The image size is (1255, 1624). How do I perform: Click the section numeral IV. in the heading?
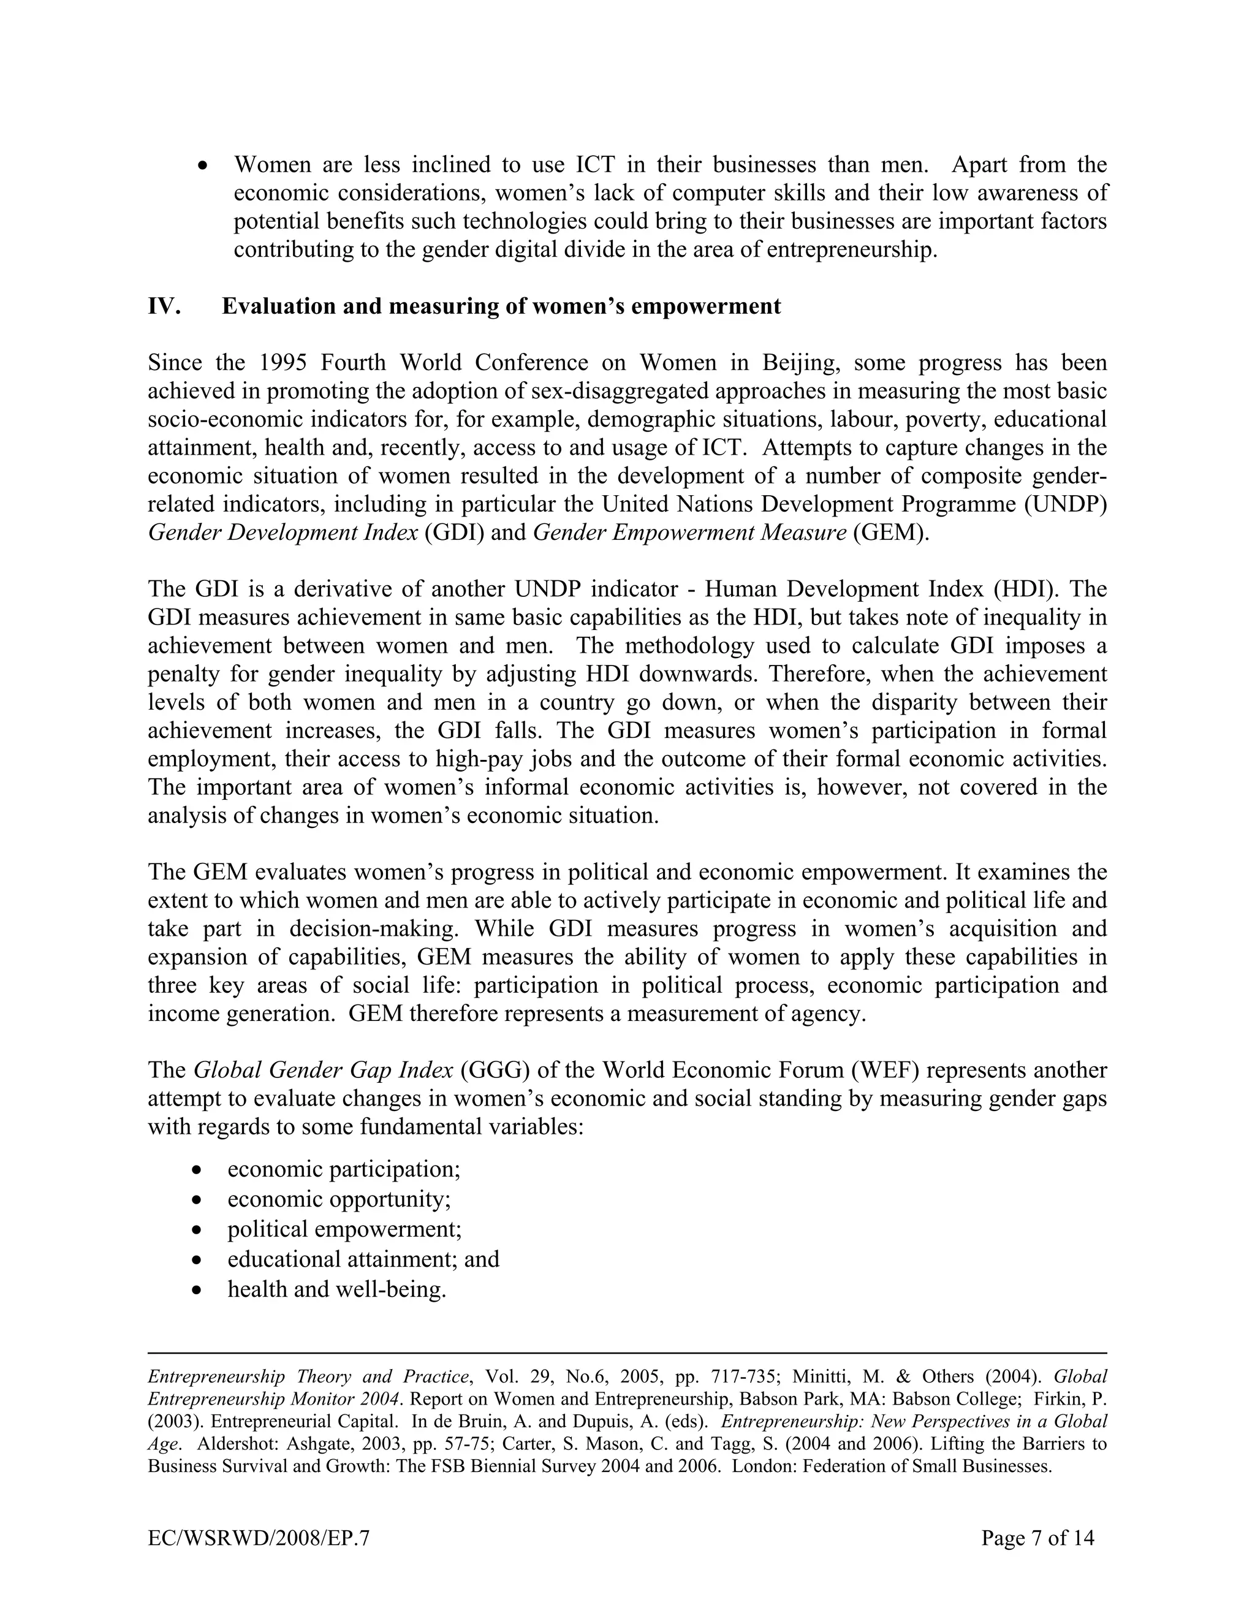point(164,306)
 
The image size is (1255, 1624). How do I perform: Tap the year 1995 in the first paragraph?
point(283,363)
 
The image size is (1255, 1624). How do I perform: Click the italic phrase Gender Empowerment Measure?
point(689,533)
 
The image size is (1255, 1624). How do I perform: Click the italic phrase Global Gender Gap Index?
point(323,1070)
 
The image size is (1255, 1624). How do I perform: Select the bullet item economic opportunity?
point(339,1199)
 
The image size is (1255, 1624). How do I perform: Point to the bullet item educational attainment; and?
point(363,1259)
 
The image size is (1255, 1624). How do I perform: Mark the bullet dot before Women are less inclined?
point(203,166)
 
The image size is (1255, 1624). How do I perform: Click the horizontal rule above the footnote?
point(627,1353)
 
